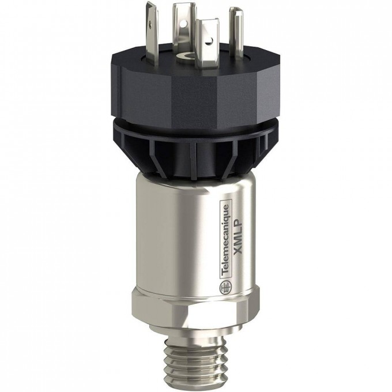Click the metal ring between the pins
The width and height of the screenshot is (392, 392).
tap(184, 56)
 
